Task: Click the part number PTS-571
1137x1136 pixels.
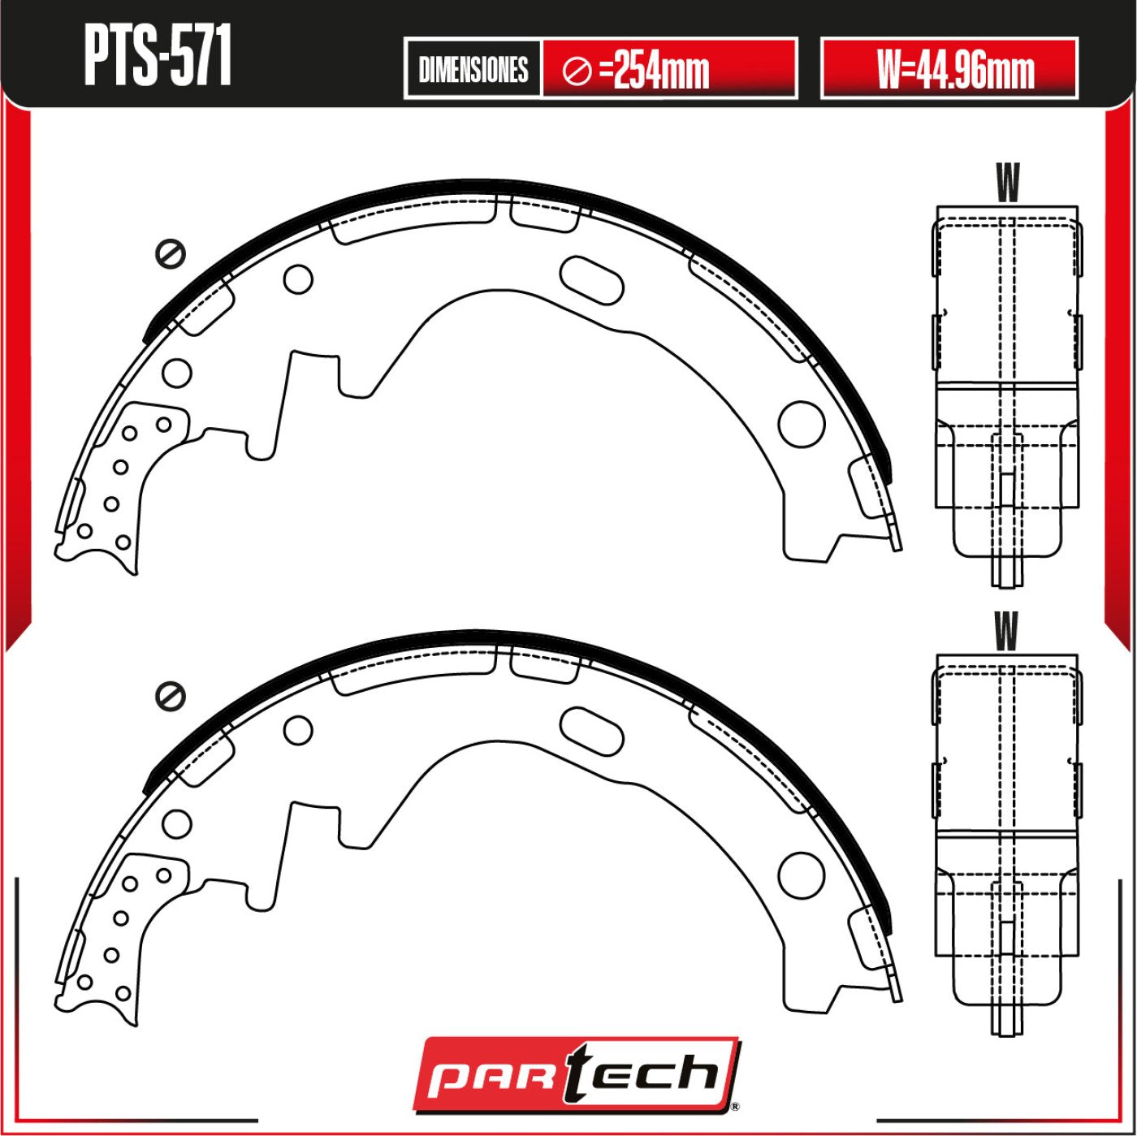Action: coord(158,56)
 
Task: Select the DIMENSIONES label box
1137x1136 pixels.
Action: coord(473,69)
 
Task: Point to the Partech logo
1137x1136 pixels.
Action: coord(575,1074)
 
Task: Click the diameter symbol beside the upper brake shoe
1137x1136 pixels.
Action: coord(171,254)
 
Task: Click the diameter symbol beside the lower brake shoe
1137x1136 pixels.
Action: coord(171,696)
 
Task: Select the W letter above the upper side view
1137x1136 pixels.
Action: coord(1007,183)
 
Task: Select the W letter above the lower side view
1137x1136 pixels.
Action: coord(1006,631)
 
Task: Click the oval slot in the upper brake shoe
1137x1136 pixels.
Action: coord(592,280)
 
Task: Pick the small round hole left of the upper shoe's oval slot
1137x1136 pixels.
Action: coord(298,279)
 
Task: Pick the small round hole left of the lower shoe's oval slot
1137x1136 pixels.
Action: coord(298,730)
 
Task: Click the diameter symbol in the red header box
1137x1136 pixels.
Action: coord(577,71)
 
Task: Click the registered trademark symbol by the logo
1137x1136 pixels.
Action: coord(734,1106)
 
